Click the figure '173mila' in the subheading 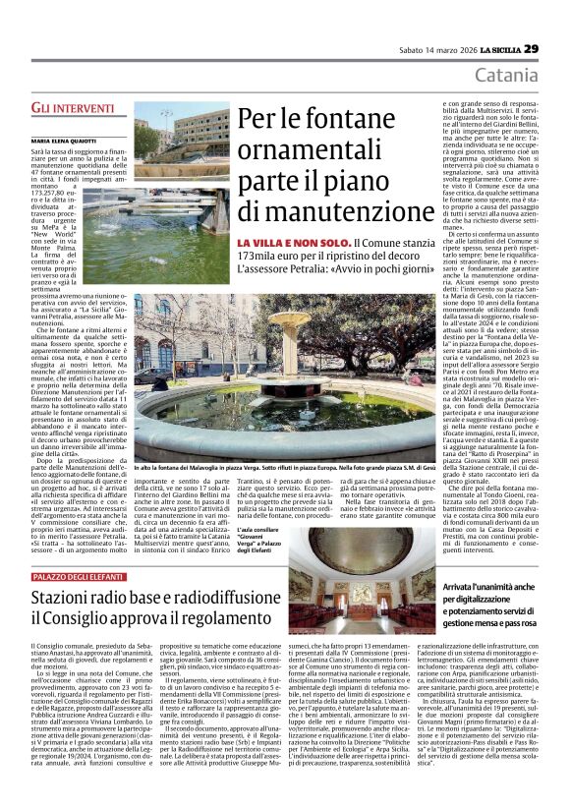pyautogui.click(x=259, y=258)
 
